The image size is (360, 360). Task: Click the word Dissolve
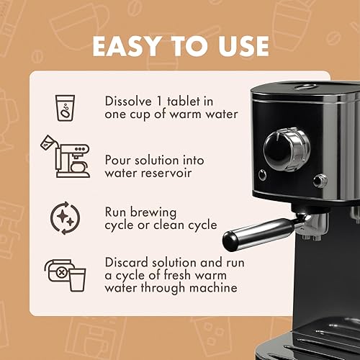(130, 99)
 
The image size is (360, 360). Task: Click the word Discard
(128, 261)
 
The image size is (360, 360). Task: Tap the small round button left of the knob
(261, 174)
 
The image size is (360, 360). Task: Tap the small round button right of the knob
(320, 179)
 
